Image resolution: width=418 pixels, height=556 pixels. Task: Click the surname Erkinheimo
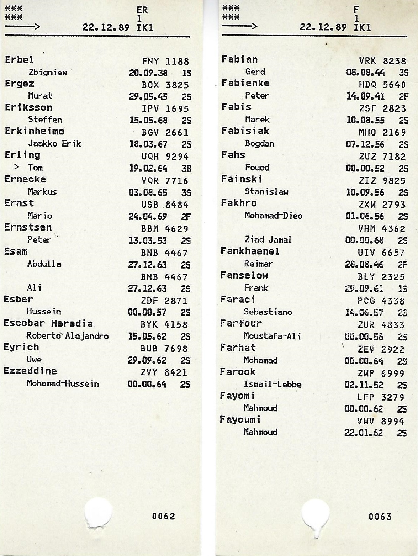(35, 131)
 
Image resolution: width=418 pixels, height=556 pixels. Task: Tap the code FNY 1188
(165, 62)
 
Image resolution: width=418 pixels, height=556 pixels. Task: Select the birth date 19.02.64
(148, 168)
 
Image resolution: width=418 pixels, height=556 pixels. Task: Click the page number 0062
(164, 516)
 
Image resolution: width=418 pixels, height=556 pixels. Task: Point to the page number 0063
(380, 517)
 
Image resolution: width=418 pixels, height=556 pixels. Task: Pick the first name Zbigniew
(48, 73)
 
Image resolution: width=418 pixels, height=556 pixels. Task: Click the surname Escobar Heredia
(48, 324)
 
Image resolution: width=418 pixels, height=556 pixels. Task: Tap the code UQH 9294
(165, 157)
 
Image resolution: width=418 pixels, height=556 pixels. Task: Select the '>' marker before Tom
(16, 167)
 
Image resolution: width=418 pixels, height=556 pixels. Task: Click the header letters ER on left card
(142, 10)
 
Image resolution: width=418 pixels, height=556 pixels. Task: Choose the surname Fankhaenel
(250, 251)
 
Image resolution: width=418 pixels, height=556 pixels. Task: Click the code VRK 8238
(382, 61)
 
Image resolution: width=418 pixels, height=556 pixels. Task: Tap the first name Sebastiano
(268, 312)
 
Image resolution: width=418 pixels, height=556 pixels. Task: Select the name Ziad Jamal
(268, 240)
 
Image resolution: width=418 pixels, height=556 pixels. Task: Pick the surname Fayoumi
(240, 420)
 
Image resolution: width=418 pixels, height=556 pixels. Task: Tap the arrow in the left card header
(22, 27)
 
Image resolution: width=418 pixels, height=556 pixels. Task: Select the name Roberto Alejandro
(68, 336)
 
